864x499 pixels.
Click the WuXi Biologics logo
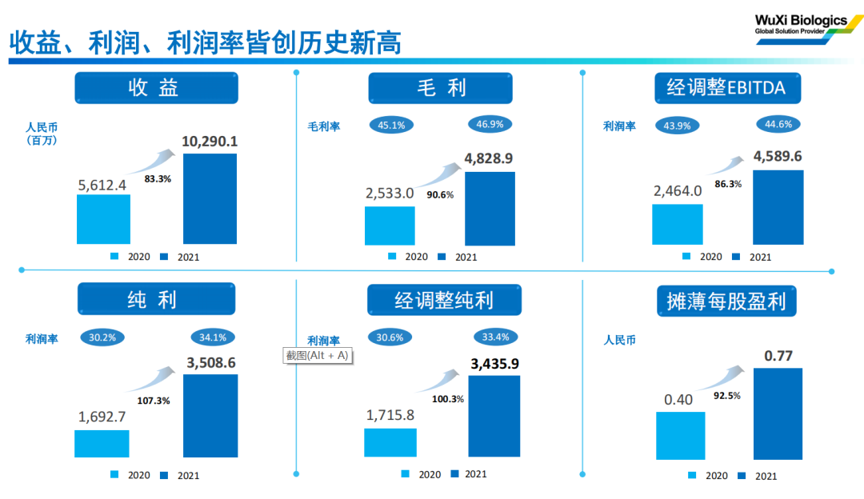pyautogui.click(x=803, y=25)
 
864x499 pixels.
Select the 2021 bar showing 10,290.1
pyautogui.click(x=210, y=198)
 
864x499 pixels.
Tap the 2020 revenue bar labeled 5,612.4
pyautogui.click(x=103, y=218)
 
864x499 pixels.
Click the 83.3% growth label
pyautogui.click(x=158, y=179)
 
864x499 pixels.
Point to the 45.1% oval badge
pyautogui.click(x=391, y=125)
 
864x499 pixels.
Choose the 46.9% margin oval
pyautogui.click(x=490, y=125)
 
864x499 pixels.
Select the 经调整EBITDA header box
pyautogui.click(x=726, y=88)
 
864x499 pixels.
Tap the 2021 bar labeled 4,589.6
pyautogui.click(x=778, y=207)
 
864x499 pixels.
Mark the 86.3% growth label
pyautogui.click(x=727, y=183)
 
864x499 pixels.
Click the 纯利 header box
pyautogui.click(x=156, y=299)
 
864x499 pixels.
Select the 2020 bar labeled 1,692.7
pyautogui.click(x=102, y=443)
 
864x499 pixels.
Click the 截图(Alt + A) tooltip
pyautogui.click(x=318, y=356)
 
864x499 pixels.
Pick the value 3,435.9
pyautogui.click(x=494, y=364)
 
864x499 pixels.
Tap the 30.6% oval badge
pyautogui.click(x=390, y=337)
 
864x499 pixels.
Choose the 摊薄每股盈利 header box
pyautogui.click(x=726, y=301)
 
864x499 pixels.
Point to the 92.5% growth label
pyautogui.click(x=726, y=395)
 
